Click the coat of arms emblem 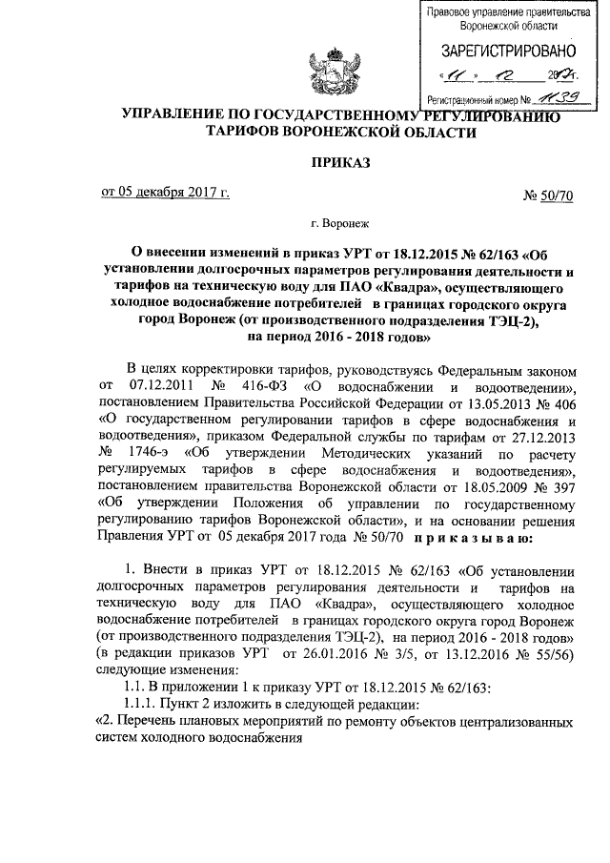coord(304,63)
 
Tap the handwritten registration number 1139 coord(557,97)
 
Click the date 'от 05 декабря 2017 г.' coord(166,194)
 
